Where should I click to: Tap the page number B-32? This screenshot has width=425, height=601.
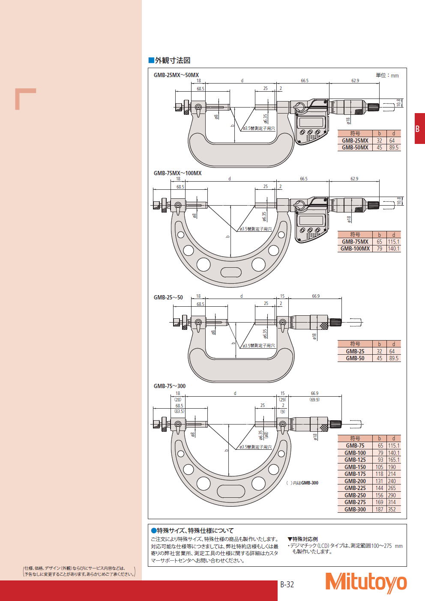click(287, 584)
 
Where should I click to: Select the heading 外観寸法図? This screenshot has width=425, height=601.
click(170, 60)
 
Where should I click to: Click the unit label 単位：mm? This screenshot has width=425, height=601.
click(387, 75)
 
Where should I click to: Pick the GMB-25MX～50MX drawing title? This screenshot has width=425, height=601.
click(176, 75)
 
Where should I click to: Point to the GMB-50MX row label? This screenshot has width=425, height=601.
click(355, 147)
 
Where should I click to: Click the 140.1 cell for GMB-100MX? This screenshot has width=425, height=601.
click(394, 248)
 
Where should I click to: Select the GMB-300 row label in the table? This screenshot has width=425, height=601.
click(355, 509)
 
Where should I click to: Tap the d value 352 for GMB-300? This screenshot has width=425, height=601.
click(392, 509)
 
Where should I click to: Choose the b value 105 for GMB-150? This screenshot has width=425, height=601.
click(380, 467)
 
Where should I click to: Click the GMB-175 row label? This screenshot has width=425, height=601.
click(355, 474)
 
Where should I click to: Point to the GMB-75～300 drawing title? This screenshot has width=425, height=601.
click(170, 386)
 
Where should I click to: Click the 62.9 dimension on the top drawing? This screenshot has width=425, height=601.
click(355, 81)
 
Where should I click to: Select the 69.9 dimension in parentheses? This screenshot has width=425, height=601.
click(315, 400)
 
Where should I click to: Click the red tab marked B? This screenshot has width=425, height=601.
click(420, 129)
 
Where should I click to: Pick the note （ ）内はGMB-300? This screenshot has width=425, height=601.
click(302, 483)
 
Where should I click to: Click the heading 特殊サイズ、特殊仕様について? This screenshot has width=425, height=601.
click(192, 530)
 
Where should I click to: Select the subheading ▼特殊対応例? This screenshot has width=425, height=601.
click(302, 539)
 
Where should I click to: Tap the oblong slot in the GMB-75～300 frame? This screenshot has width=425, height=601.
click(231, 491)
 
